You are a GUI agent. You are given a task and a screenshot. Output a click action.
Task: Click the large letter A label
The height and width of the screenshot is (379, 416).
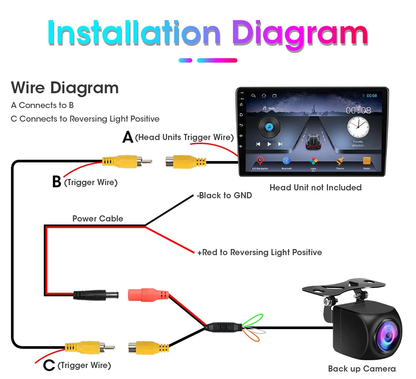point(127,137)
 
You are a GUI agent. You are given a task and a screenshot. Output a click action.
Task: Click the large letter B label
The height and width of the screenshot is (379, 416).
point(56,182)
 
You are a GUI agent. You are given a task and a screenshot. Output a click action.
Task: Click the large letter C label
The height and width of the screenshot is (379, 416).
point(49,365)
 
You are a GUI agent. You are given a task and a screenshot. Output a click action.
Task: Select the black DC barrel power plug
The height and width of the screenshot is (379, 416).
point(95,294)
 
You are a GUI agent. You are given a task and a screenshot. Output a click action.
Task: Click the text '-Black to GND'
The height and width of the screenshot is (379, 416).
point(225,196)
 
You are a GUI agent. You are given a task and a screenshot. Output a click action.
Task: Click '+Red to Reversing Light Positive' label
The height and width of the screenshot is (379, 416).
point(259,253)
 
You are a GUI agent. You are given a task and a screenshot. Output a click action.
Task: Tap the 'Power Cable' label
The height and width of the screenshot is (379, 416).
point(98,218)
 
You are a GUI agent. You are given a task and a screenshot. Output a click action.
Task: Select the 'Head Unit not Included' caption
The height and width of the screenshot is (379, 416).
point(315,188)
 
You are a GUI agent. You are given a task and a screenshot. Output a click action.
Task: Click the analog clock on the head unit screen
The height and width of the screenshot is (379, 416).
point(358,127)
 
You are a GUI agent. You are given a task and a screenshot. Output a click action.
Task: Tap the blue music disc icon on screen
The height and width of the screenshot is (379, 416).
point(269,127)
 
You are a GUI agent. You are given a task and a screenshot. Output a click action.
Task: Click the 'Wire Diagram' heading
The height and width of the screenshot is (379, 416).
point(65,88)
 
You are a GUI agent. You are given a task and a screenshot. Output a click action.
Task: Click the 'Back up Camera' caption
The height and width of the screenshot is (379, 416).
point(362,369)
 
